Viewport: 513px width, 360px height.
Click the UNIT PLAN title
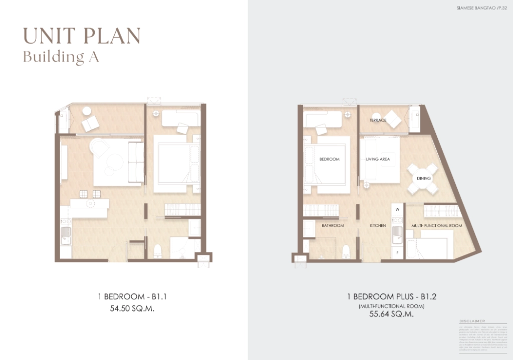tap(82, 36)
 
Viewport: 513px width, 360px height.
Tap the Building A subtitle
tap(61, 57)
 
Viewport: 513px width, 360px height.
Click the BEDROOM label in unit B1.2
tap(329, 159)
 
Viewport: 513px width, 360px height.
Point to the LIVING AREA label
tap(378, 159)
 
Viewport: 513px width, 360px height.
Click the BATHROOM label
tap(333, 226)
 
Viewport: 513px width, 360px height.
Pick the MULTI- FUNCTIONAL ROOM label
tap(436, 226)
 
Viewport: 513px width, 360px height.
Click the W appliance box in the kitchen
tap(397, 210)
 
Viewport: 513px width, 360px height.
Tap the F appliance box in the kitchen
tap(397, 253)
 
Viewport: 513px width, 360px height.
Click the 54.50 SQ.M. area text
tap(132, 309)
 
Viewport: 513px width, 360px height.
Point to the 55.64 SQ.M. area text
tap(392, 314)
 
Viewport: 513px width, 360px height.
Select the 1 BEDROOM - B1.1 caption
tap(132, 297)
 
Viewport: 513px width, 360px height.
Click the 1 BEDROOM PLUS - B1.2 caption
tap(392, 297)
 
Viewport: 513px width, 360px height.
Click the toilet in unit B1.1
tap(158, 251)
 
